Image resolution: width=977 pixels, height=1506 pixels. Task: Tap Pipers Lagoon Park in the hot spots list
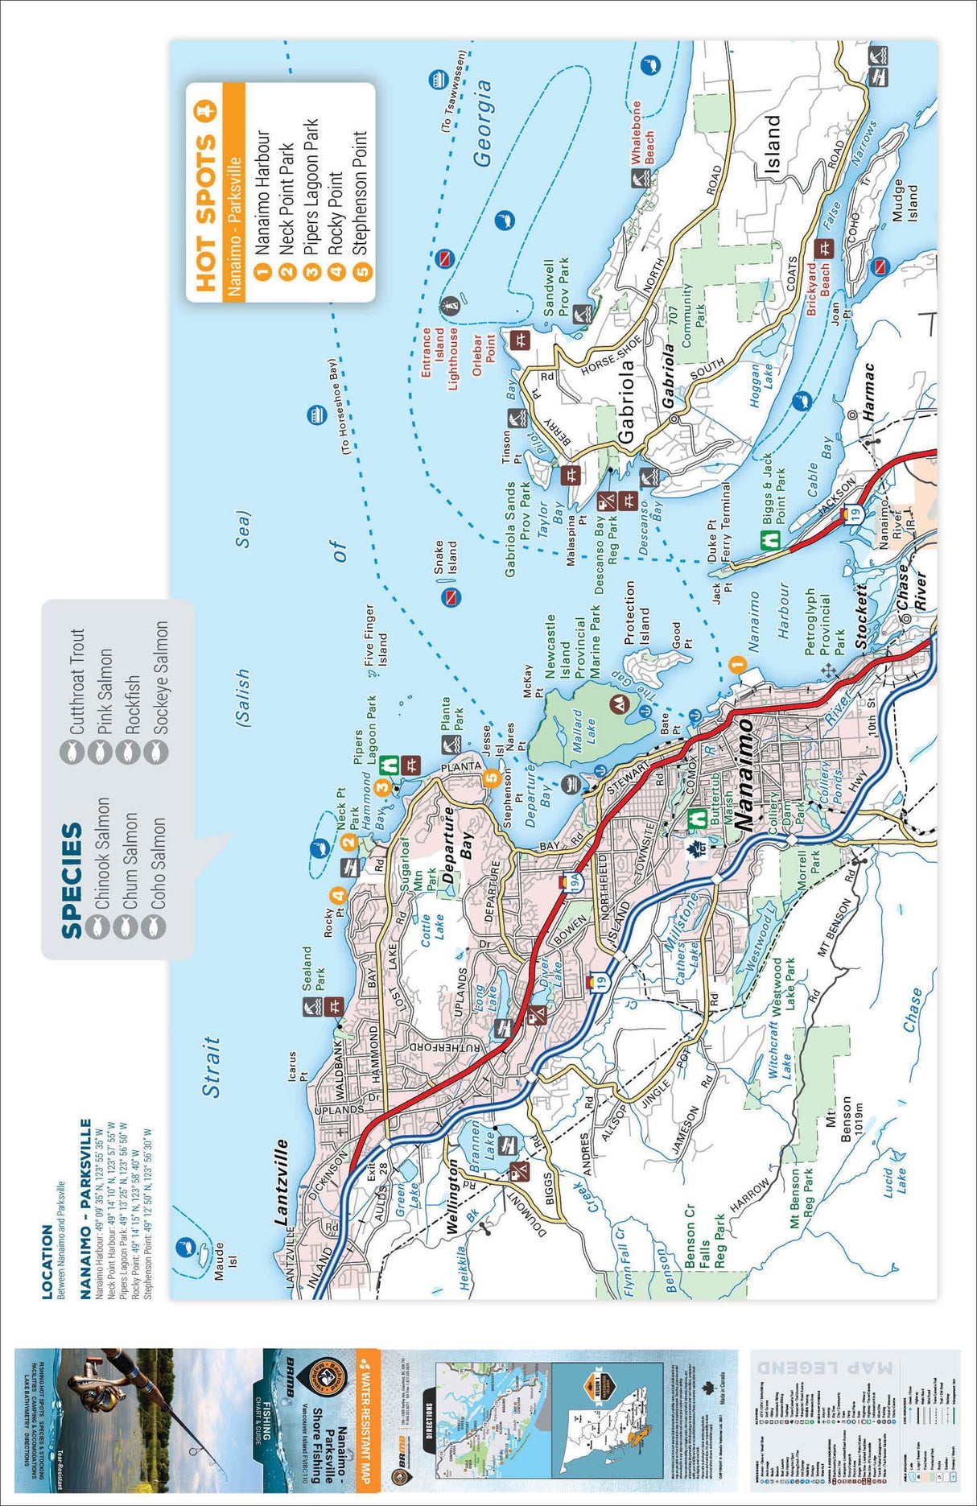[x=311, y=188]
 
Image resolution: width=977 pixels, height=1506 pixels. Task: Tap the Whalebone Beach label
[x=643, y=134]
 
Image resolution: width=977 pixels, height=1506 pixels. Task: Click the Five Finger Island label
[x=376, y=635]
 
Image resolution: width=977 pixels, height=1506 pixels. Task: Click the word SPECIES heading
[x=72, y=879]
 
